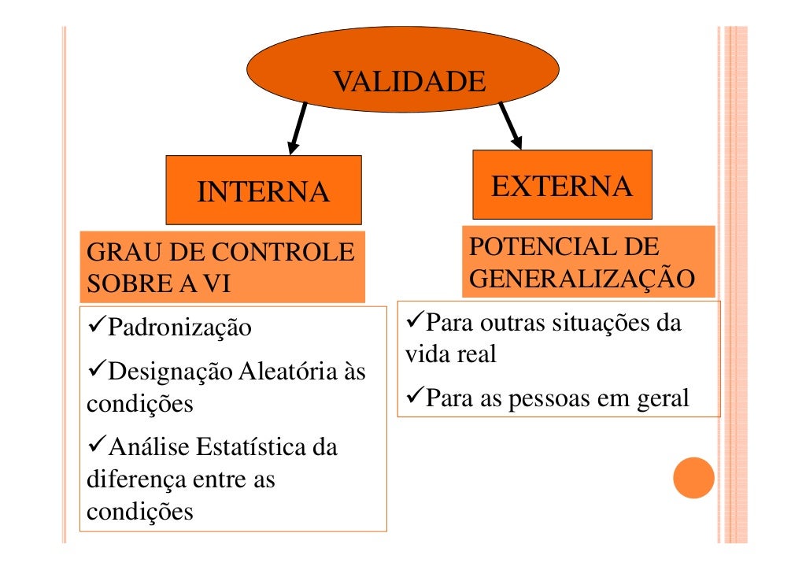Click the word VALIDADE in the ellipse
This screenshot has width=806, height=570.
click(409, 81)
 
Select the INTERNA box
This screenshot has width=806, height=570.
click(263, 191)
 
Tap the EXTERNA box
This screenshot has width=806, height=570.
click(562, 186)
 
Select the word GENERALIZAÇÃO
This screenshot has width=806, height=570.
click(582, 279)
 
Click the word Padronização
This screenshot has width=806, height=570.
click(179, 327)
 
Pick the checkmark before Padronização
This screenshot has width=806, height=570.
click(94, 325)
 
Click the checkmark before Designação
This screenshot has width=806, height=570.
click(94, 369)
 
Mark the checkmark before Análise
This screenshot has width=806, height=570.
click(94, 446)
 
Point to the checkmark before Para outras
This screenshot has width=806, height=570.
click(413, 322)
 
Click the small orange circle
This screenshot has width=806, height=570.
click(693, 478)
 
